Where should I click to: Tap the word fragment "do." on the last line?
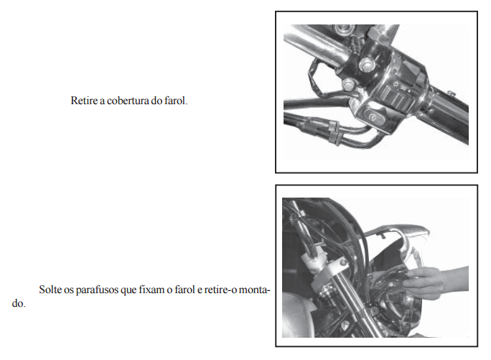(19, 303)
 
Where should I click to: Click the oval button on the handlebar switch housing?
(373, 118)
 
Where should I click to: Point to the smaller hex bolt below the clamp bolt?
(348, 84)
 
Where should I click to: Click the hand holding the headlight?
(434, 282)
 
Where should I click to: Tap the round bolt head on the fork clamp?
(344, 262)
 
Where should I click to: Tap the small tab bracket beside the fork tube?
(373, 311)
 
